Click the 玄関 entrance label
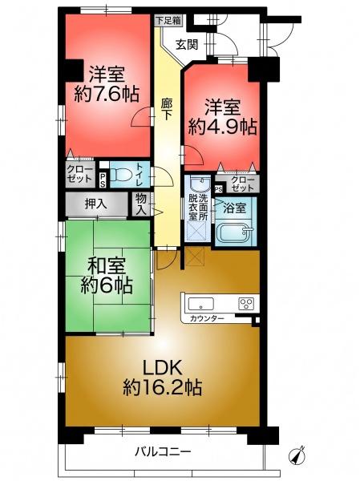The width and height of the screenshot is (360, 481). tap(187, 45)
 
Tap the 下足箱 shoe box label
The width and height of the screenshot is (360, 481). tap(168, 21)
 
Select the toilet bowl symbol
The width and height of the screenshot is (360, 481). tap(120, 176)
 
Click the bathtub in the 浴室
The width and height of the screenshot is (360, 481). tap(235, 232)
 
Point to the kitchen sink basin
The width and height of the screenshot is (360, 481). tap(201, 305)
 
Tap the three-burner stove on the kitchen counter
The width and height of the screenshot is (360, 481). tap(246, 305)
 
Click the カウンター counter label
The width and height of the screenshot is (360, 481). tap(207, 318)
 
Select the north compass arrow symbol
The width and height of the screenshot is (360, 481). tap(297, 455)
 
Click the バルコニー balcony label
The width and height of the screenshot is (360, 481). tap(164, 451)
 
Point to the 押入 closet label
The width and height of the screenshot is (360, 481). tap(96, 204)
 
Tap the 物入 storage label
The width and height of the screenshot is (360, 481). tap(141, 204)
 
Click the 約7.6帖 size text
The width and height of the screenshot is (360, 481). tap(107, 94)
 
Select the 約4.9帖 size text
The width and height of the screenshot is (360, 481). tap(223, 127)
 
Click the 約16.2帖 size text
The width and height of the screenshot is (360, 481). tap(163, 387)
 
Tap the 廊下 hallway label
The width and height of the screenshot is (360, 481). tap(167, 109)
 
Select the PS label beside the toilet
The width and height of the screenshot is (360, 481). tap(103, 180)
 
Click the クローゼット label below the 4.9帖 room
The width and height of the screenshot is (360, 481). tap(243, 184)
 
